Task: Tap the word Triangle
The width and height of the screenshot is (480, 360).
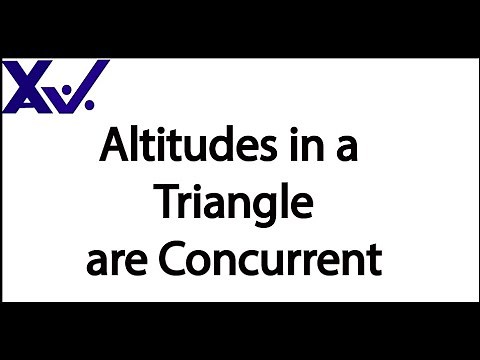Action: [234, 205]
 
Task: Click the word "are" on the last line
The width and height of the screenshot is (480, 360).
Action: [111, 264]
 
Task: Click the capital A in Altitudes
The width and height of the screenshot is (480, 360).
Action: [116, 149]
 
